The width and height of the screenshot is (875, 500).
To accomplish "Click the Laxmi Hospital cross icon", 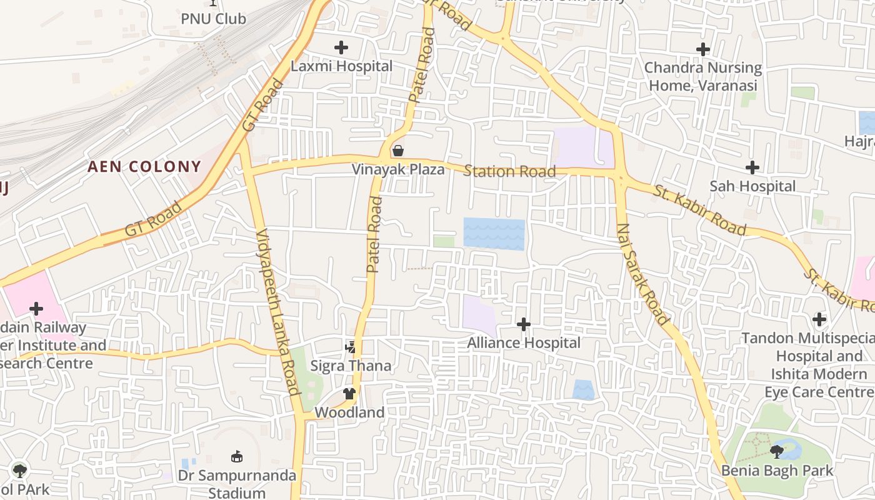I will pos(341,47).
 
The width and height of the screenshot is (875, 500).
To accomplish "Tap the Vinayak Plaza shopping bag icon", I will pos(397,151).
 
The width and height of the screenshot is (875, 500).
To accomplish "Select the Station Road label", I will pos(509,171).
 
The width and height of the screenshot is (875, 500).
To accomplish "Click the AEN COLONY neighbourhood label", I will pos(144,167).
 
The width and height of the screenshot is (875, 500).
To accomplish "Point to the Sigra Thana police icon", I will pos(351,347).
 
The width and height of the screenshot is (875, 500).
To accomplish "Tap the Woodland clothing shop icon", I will pos(349,394).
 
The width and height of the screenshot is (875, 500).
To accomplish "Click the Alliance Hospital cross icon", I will pos(524,324).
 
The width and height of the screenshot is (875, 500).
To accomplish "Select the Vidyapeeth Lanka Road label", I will pos(278,312).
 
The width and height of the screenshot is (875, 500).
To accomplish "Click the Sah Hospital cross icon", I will pos(752,167).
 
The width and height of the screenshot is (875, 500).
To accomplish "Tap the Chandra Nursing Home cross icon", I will pos(703,49).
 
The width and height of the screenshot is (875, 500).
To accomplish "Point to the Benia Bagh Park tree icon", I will pos(777,451).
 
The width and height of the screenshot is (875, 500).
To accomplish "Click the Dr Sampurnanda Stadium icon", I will pos(236,457).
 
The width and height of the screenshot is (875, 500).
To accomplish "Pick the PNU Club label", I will pos(213,19).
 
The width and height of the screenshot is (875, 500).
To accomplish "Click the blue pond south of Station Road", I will pos(494,234).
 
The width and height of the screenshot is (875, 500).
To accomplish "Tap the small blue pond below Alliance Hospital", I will pos(584,390).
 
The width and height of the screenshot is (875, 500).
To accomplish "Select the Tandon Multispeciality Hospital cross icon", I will pos(819,320).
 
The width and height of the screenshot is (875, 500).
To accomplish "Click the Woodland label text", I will pos(349,412).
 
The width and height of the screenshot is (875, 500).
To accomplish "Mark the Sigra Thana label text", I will pos(351,366).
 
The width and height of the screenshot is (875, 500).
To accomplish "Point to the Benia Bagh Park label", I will pos(777,471).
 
